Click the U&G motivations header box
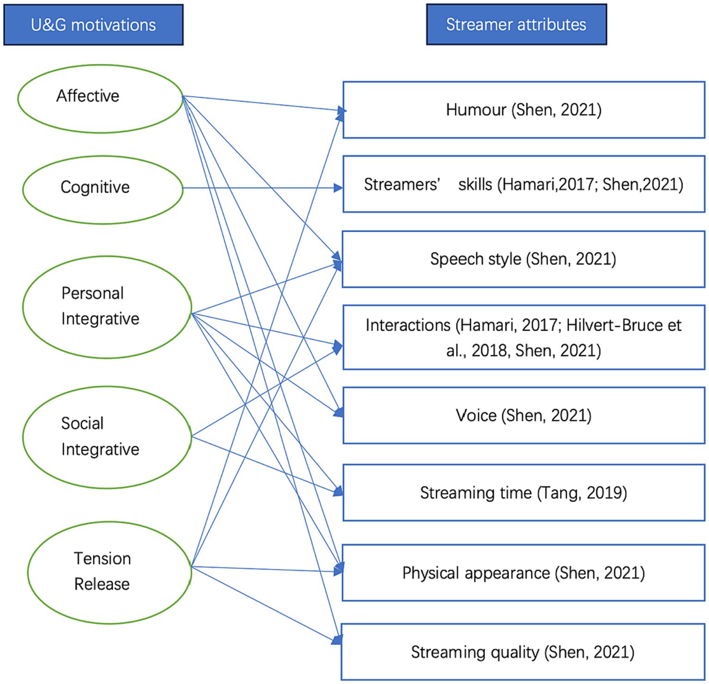93,25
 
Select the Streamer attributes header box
516,24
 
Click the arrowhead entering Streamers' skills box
339,188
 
